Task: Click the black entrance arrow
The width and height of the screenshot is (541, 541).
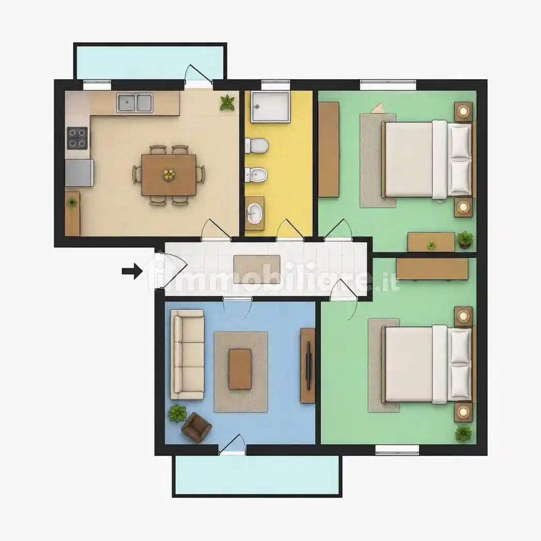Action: pyautogui.click(x=132, y=271)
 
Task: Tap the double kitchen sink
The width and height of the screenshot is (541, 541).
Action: pyautogui.click(x=134, y=103)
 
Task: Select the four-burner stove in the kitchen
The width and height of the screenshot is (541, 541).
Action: pyautogui.click(x=77, y=138)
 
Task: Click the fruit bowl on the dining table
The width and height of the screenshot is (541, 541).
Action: pyautogui.click(x=168, y=174)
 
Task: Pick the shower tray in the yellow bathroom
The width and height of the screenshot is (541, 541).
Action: pyautogui.click(x=270, y=107)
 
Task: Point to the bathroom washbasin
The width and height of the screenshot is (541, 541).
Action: pyautogui.click(x=255, y=213)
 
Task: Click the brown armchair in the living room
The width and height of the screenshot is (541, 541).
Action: pyautogui.click(x=196, y=427)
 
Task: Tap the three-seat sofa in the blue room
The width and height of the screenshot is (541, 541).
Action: pyautogui.click(x=188, y=354)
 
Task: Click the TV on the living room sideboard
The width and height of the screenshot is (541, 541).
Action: pyautogui.click(x=309, y=366)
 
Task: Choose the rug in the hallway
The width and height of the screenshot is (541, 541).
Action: pyautogui.click(x=257, y=269)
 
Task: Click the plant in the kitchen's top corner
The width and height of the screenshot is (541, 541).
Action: pyautogui.click(x=227, y=103)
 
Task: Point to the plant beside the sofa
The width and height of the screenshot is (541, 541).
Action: pyautogui.click(x=177, y=414)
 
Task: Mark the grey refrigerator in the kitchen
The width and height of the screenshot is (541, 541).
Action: pyautogui.click(x=79, y=173)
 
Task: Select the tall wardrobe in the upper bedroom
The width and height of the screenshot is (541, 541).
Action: pyautogui.click(x=329, y=149)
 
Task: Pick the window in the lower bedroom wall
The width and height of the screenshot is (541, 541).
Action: pyautogui.click(x=397, y=450)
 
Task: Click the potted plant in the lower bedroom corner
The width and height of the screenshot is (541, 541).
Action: pyautogui.click(x=463, y=434)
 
